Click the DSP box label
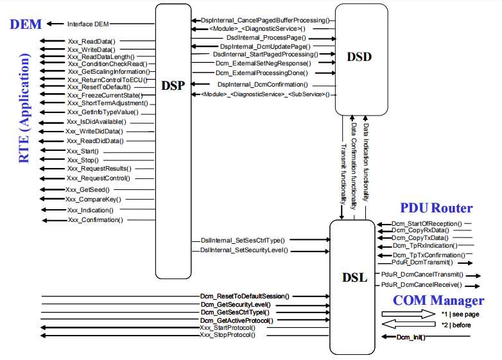click(173, 85)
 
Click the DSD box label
click(359, 57)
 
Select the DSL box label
click(354, 277)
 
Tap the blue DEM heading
click(26, 24)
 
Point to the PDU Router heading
click(437, 208)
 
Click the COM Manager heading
click(438, 300)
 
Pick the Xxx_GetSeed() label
click(87, 190)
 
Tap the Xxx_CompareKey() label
click(91, 200)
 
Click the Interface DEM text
click(89, 24)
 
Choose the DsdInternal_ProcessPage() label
click(264, 39)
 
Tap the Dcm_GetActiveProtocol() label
click(236, 320)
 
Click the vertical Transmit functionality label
click(344, 173)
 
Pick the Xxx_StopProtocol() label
click(227, 335)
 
